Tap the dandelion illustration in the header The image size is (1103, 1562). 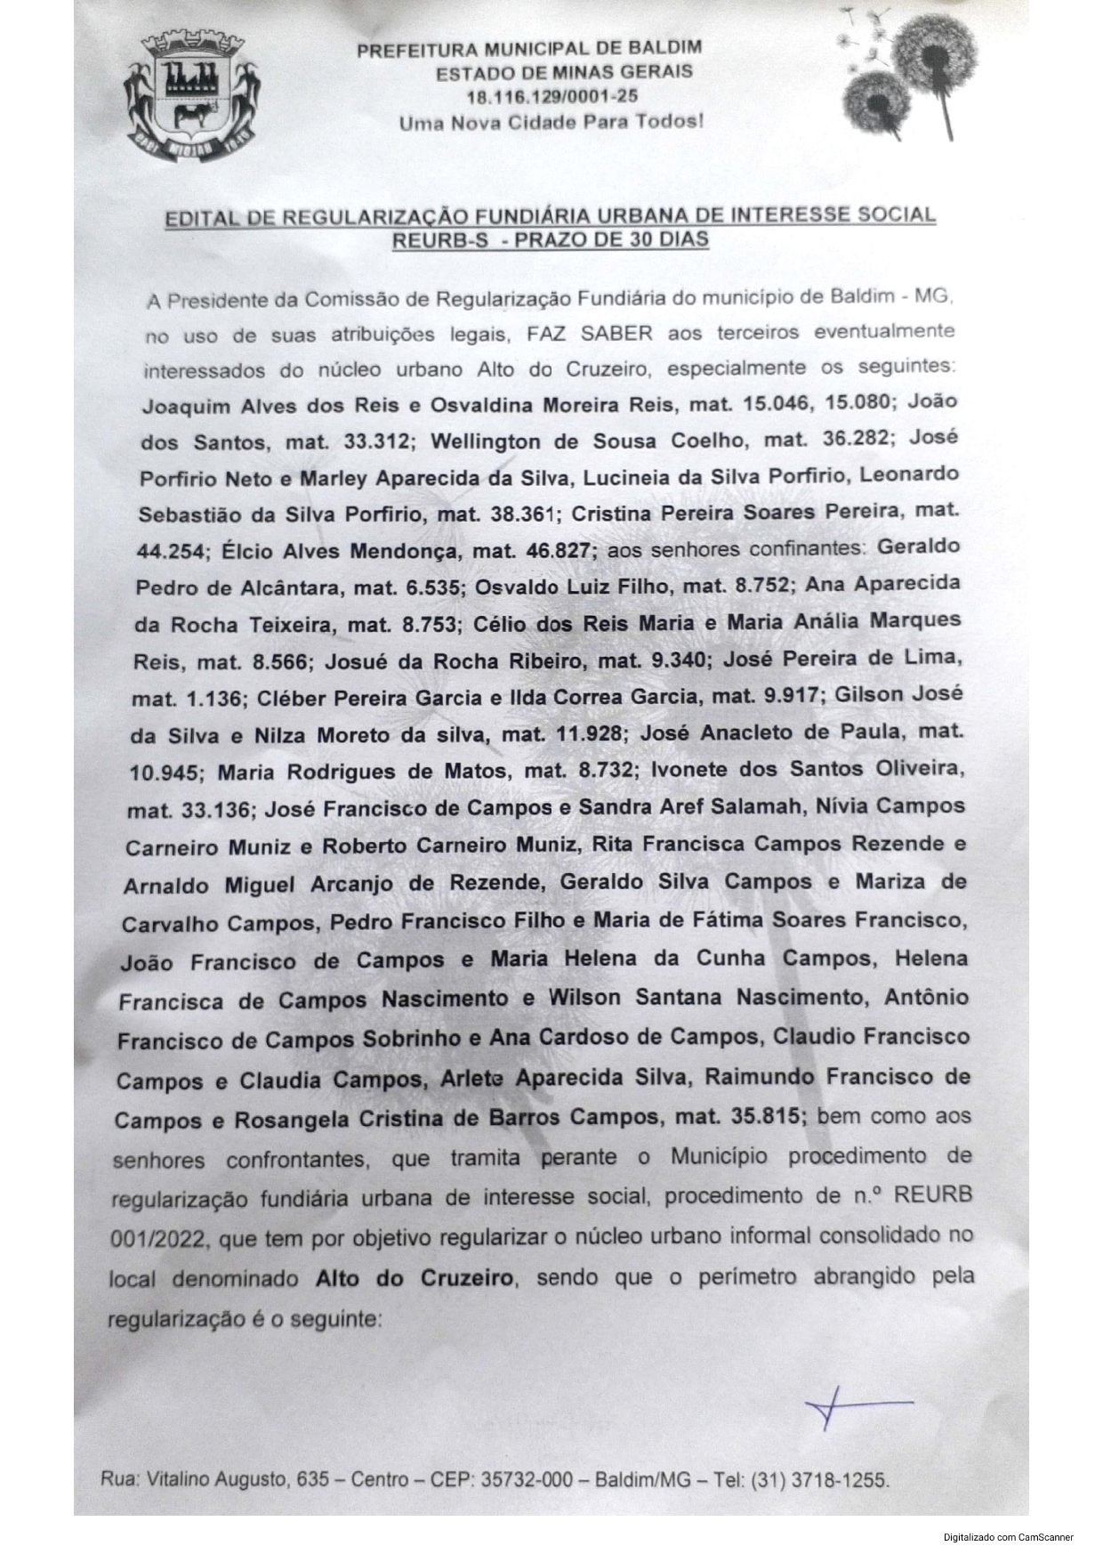(x=907, y=76)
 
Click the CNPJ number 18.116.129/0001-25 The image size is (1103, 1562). (x=551, y=97)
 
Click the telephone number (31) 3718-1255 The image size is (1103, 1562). (x=819, y=1480)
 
